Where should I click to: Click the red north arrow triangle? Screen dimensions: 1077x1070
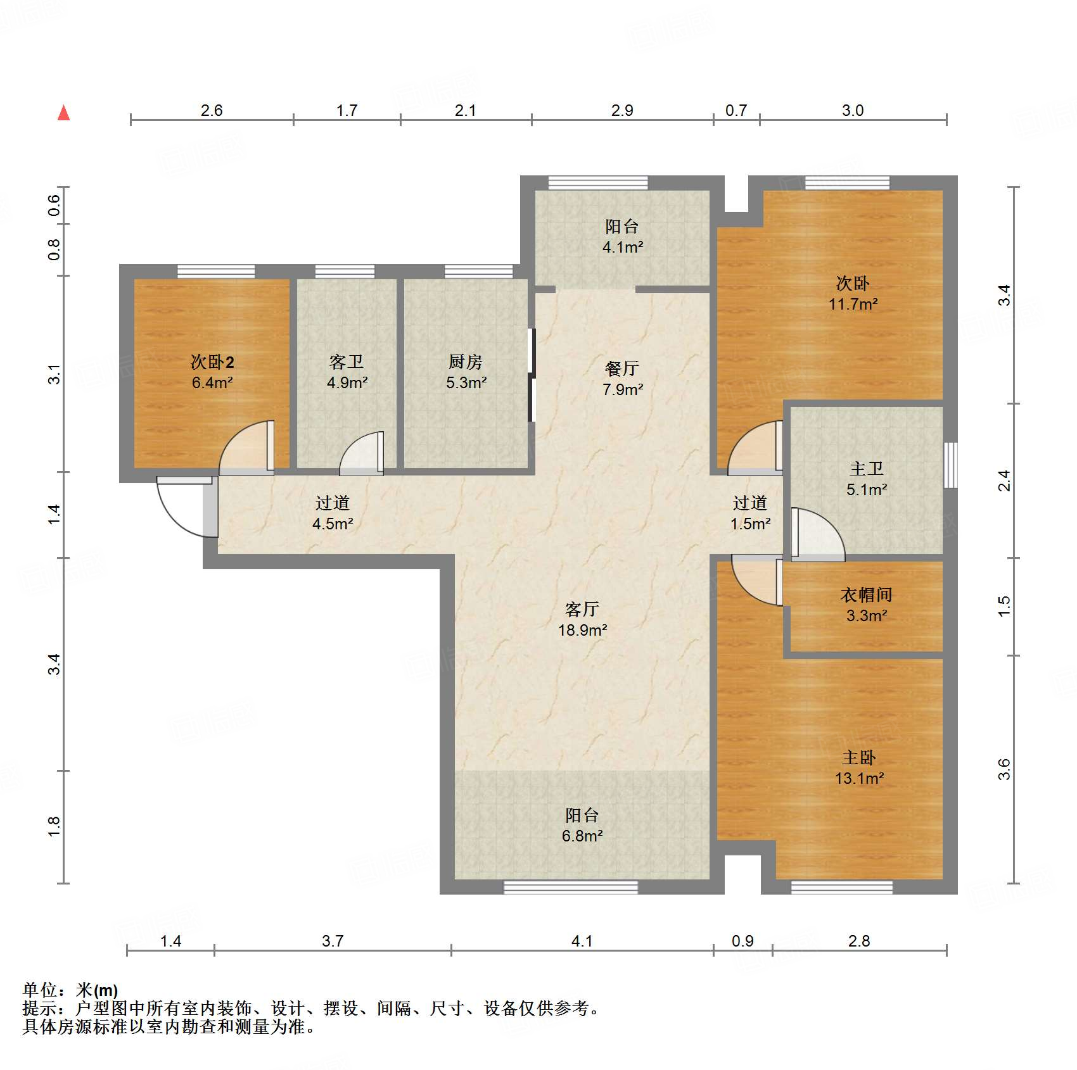pos(63,113)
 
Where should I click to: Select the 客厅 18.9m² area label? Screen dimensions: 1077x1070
pos(582,619)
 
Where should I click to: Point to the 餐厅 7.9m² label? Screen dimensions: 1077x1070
pos(622,379)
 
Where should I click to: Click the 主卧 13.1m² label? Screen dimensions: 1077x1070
pos(859,767)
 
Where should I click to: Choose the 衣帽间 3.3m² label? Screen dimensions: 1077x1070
pos(866,605)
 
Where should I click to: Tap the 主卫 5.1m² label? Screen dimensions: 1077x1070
pos(866,479)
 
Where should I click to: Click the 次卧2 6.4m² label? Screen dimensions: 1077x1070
pos(212,372)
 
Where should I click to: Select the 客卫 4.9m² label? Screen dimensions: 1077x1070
pos(347,372)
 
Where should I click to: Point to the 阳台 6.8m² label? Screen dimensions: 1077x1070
pos(582,825)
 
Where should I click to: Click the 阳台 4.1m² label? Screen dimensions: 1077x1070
pos(622,236)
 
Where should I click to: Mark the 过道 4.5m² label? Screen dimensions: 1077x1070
pos(333,513)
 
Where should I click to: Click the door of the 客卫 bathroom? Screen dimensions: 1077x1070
pos(362,453)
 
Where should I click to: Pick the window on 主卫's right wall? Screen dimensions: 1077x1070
pos(950,465)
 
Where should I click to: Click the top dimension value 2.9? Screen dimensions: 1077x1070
pos(622,110)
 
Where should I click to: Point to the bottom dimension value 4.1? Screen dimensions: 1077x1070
pos(582,941)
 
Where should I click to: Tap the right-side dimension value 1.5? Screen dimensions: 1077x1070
pos(1004,606)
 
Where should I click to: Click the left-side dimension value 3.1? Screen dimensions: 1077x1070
pos(54,374)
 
